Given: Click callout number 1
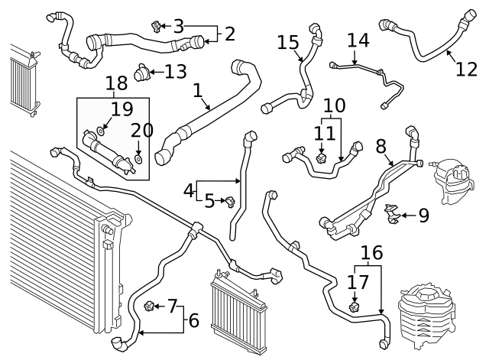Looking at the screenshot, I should [198, 91].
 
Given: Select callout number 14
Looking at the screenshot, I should [358, 40].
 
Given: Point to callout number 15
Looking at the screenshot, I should [287, 42].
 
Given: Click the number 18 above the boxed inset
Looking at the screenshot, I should [117, 83].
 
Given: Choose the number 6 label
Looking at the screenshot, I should [193, 320].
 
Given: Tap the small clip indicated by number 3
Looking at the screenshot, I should [157, 28].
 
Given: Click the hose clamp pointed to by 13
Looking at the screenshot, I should [141, 73].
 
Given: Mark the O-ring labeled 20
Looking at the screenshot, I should [138, 158].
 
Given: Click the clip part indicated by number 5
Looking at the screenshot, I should [227, 201].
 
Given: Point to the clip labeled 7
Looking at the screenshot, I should [148, 307].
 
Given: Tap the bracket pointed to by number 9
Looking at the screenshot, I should [393, 215].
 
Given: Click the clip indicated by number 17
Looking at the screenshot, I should [355, 307].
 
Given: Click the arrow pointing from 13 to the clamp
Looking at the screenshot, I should [157, 73].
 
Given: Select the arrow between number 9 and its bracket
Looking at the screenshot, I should [406, 216].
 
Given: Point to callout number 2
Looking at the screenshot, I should [228, 33].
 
